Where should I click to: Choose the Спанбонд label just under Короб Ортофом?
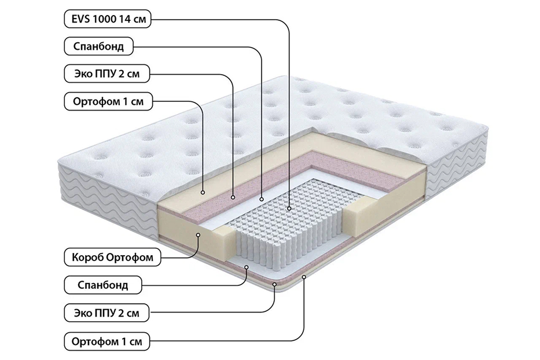103,285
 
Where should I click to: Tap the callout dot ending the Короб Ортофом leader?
199,234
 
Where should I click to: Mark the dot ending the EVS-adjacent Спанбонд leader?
262,198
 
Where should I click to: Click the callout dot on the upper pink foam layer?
233,197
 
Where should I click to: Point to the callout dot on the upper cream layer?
202,191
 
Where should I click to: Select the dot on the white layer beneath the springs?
247,268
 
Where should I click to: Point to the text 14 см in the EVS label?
133,19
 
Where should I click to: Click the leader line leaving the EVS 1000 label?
232,19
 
